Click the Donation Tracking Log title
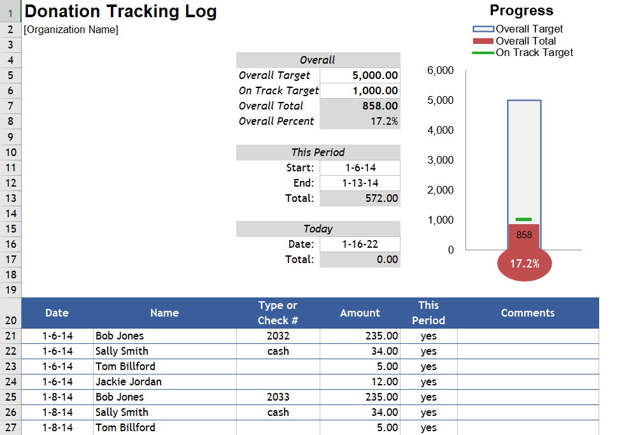pyautogui.click(x=120, y=11)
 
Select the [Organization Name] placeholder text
pyautogui.click(x=71, y=29)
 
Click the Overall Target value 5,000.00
pyautogui.click(x=375, y=75)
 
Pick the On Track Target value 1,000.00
pyautogui.click(x=375, y=90)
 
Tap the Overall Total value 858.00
pyautogui.click(x=380, y=106)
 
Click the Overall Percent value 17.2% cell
pyautogui.click(x=384, y=121)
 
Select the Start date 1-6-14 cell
pyautogui.click(x=360, y=168)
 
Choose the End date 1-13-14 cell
pyautogui.click(x=360, y=183)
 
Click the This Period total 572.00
pyautogui.click(x=380, y=198)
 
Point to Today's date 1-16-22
pyautogui.click(x=360, y=244)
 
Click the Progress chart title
pyautogui.click(x=521, y=10)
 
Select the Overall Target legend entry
pyautogui.click(x=528, y=29)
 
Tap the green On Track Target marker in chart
pyautogui.click(x=523, y=219)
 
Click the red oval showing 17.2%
pyautogui.click(x=525, y=263)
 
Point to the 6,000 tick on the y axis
pyautogui.click(x=440, y=70)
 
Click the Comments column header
pyautogui.click(x=528, y=313)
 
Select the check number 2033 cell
pyautogui.click(x=278, y=397)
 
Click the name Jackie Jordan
pyautogui.click(x=129, y=382)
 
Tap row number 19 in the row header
pyautogui.click(x=10, y=290)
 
